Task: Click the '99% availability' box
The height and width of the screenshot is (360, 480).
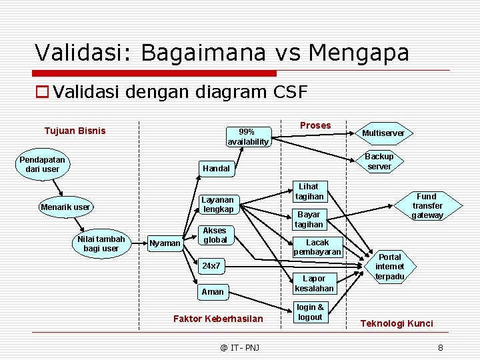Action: (x=248, y=137)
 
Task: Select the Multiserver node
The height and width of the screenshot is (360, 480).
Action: (x=383, y=133)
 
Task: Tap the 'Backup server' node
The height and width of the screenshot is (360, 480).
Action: (x=379, y=161)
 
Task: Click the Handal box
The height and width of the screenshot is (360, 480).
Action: (x=216, y=169)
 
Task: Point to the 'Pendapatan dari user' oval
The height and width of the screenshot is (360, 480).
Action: (x=43, y=165)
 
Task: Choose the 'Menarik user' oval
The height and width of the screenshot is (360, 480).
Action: (x=65, y=207)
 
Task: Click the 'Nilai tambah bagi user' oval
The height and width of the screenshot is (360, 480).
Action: (x=101, y=244)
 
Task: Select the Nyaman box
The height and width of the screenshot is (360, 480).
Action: (x=165, y=243)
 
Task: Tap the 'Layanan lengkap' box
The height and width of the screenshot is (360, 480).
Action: (x=218, y=204)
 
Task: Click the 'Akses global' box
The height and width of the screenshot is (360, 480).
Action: (x=215, y=235)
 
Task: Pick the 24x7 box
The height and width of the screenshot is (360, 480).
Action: (x=211, y=266)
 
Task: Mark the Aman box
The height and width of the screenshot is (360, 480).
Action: (x=213, y=291)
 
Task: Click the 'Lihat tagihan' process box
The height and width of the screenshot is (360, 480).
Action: (x=309, y=191)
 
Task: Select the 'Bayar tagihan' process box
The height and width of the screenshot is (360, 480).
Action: (x=309, y=219)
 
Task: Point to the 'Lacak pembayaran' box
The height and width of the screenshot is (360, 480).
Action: (x=317, y=247)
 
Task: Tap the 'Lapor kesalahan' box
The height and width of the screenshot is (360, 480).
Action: (x=314, y=283)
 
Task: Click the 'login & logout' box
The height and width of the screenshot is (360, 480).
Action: (x=310, y=312)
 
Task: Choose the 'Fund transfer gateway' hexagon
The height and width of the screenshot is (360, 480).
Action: (x=427, y=206)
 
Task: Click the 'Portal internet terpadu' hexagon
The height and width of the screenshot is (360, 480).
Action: (x=390, y=267)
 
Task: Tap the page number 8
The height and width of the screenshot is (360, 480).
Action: (x=440, y=347)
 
